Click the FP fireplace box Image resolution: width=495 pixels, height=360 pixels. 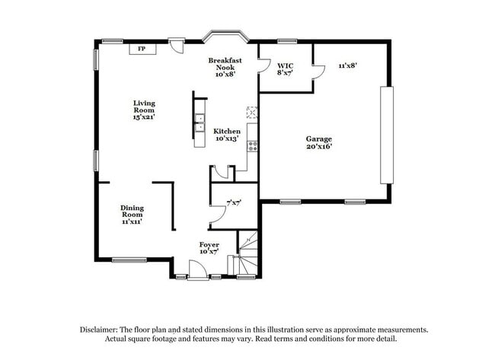142,49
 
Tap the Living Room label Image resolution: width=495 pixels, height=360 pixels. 144,110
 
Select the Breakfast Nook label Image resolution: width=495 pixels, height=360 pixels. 225,67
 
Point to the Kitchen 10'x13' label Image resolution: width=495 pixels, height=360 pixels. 227,135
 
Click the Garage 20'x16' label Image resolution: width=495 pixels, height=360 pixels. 319,142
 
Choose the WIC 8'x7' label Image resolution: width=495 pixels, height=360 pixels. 285,69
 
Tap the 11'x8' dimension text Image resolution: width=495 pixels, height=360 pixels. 347,65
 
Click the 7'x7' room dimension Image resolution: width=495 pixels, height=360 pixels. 234,203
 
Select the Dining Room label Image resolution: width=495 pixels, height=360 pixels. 132,215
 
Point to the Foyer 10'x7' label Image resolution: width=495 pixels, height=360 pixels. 209,248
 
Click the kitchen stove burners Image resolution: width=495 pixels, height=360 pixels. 253,146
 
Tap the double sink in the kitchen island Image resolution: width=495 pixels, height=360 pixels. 200,123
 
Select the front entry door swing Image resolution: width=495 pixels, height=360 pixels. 198,269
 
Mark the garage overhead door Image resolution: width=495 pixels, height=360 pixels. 387,135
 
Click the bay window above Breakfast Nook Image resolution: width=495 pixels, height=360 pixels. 225,35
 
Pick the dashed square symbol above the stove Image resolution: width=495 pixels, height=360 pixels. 252,113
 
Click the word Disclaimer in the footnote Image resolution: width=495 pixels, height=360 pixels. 99,330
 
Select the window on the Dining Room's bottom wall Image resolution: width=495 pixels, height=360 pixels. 129,260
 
